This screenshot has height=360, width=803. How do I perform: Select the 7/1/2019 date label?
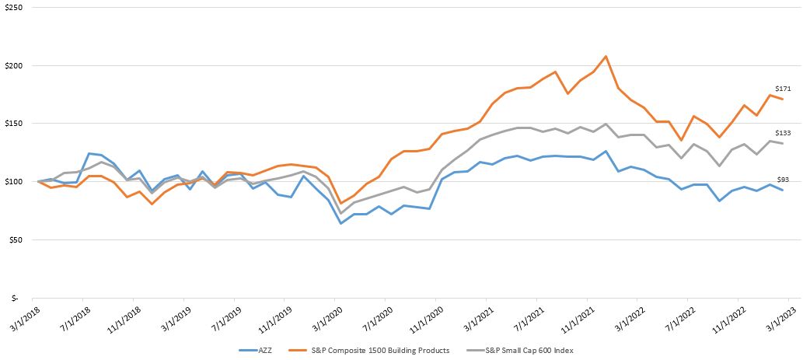223,316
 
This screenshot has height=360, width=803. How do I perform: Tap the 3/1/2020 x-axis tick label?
324,316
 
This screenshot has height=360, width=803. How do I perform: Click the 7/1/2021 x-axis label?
526,316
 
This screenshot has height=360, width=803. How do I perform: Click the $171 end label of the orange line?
783,89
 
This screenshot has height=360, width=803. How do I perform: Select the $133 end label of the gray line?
783,133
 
